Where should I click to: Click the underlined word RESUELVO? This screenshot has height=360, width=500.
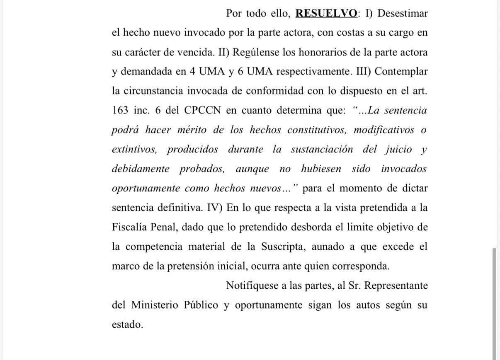[x=326, y=13]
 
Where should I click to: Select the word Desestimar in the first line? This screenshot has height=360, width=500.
[x=403, y=13]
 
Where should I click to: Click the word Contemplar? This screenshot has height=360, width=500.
[x=401, y=71]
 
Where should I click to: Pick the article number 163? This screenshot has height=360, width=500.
[x=121, y=111]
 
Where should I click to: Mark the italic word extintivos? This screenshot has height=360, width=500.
[x=134, y=150]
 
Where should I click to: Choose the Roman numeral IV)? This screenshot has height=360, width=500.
[x=215, y=208]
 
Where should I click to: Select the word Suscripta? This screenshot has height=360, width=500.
[x=283, y=246]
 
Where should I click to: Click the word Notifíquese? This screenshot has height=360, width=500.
[x=252, y=285]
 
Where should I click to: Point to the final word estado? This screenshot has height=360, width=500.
[x=127, y=324]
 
